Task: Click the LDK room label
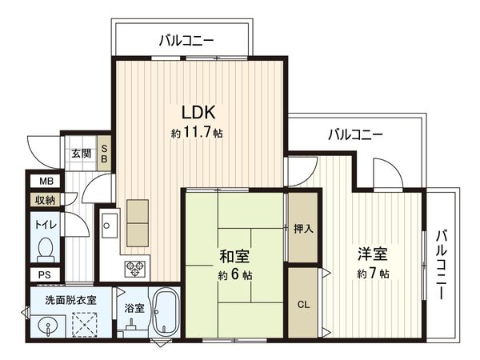click(x=197, y=112)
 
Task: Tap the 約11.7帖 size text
click(x=197, y=133)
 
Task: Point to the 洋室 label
click(x=373, y=255)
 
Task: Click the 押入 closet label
click(x=303, y=229)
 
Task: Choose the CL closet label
click(x=303, y=304)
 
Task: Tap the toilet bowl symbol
click(x=46, y=250)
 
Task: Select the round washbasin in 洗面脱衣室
click(x=46, y=328)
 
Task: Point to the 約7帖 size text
click(x=373, y=274)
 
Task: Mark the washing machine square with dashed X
click(x=85, y=326)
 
